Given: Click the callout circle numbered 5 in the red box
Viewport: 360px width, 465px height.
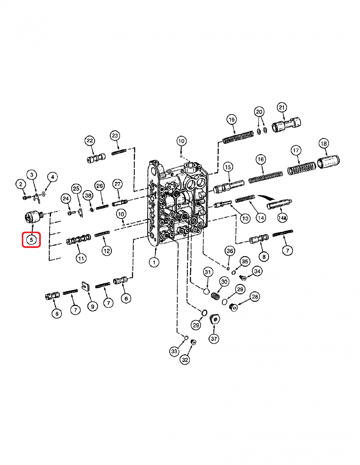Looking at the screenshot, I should [31, 240].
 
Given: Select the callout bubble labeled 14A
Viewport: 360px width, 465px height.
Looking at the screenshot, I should [282, 218].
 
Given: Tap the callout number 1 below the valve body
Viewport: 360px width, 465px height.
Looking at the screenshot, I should [154, 262].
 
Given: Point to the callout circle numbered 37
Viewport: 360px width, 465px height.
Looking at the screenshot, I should [214, 339].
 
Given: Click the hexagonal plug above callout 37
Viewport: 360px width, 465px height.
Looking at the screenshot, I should [215, 319].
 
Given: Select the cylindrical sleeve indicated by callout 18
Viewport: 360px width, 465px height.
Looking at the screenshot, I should [329, 162].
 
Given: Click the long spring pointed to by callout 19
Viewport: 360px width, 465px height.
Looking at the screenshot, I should [238, 137].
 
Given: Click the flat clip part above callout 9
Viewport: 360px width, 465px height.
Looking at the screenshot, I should [86, 286].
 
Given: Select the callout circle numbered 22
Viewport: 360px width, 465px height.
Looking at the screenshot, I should [90, 141].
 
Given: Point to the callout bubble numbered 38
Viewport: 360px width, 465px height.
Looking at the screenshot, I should [88, 196].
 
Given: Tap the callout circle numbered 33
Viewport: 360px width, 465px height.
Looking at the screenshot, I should [174, 352].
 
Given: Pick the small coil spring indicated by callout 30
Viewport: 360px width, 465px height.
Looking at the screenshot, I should [215, 296].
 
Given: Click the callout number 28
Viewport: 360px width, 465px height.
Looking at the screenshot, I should [255, 297].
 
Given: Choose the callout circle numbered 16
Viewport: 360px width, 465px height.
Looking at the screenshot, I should [261, 159].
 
